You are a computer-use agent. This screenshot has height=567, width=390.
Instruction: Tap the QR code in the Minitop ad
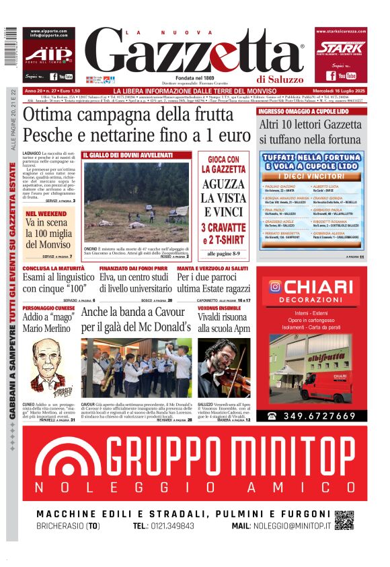pos(344,520)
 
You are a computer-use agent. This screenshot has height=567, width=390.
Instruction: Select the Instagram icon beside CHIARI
pos(274,287)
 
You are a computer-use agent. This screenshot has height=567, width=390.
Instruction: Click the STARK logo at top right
pos(341,48)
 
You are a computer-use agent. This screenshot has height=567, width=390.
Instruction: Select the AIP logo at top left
pos(48,54)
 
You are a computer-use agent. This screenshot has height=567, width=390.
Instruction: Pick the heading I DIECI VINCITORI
pos(313,176)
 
